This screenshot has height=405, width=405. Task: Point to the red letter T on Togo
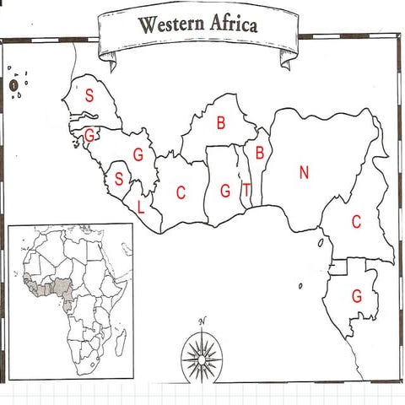tap(246, 191)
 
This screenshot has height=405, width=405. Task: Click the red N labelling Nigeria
tap(304, 173)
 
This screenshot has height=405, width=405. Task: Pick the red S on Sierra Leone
tap(119, 179)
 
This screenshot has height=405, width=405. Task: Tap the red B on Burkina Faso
tap(221, 123)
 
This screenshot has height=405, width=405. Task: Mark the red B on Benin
tap(260, 154)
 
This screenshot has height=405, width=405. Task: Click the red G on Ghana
tap(225, 192)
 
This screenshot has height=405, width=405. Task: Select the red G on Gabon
tap(357, 297)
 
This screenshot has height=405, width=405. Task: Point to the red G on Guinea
tap(138, 154)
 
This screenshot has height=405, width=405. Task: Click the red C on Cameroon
tap(356, 222)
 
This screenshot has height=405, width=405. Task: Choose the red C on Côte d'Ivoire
tap(181, 192)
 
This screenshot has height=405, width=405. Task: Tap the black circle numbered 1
tap(14, 84)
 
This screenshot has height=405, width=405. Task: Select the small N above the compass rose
tap(202, 321)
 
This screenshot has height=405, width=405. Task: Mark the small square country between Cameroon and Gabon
tap(340, 268)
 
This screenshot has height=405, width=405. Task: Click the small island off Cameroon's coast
tap(322, 241)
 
